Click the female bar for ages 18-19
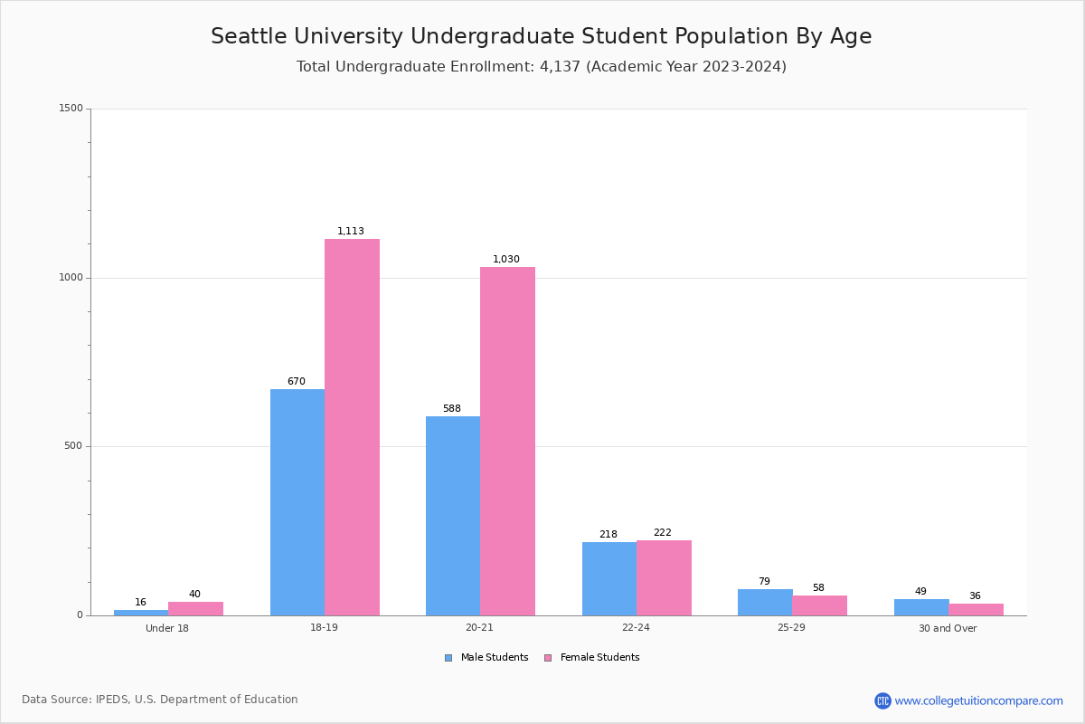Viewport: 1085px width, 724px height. point(352,427)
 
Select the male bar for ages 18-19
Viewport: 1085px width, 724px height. point(297,502)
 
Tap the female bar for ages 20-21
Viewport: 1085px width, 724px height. point(507,441)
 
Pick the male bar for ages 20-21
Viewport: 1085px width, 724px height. point(453,516)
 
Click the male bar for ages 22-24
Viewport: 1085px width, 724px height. point(609,578)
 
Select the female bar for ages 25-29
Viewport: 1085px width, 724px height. point(819,605)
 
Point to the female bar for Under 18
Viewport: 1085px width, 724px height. point(195,608)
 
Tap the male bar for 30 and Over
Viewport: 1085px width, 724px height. point(921,607)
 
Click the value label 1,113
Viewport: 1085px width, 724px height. point(351,232)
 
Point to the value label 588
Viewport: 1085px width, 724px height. point(452,409)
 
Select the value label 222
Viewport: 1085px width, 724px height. point(663,533)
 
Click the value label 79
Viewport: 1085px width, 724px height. point(764,582)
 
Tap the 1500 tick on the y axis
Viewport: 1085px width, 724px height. point(71,109)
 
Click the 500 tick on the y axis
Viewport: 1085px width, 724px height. point(73,446)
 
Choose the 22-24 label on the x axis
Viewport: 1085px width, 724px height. point(636,628)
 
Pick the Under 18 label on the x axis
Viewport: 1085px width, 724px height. point(167,628)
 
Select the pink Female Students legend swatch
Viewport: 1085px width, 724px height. point(548,658)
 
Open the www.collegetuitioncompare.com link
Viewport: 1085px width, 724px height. point(978,700)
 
